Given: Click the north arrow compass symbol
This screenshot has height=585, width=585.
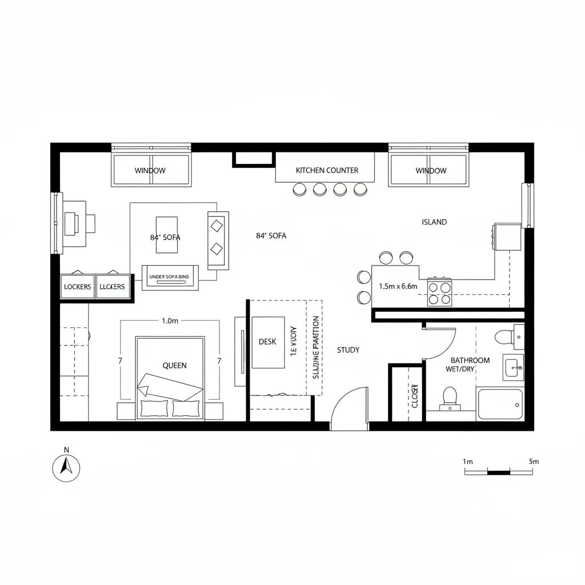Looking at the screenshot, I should [66, 468].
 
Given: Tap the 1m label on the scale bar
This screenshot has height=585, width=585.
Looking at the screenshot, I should [468, 461].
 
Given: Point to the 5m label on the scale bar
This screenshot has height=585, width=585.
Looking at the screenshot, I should [534, 461].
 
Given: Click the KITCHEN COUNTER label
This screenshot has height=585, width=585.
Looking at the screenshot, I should [327, 170].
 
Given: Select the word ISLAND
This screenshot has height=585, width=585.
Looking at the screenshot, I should [434, 222].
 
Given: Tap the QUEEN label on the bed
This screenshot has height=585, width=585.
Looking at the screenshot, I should [174, 366].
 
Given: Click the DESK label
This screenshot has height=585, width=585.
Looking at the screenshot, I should [267, 342].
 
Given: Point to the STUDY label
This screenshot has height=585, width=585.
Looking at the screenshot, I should [348, 350].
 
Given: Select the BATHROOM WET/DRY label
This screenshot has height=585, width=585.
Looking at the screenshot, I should [470, 364].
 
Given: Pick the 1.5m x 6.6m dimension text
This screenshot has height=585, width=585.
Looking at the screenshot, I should [398, 286].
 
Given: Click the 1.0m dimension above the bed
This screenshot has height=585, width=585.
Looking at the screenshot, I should [170, 321].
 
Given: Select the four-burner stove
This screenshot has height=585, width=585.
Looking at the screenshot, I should [440, 292].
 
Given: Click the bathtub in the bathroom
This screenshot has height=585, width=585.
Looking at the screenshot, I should [500, 404].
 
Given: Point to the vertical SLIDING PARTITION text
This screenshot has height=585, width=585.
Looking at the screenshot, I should [316, 347].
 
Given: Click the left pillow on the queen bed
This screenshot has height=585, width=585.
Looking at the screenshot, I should [154, 408].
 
